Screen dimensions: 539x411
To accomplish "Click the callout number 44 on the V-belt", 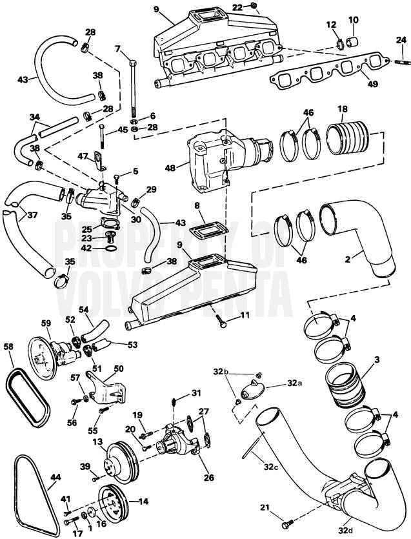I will click(55, 478).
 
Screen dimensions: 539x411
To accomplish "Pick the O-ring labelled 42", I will click(110, 248).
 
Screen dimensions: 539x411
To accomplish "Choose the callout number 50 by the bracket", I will click(119, 369).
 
